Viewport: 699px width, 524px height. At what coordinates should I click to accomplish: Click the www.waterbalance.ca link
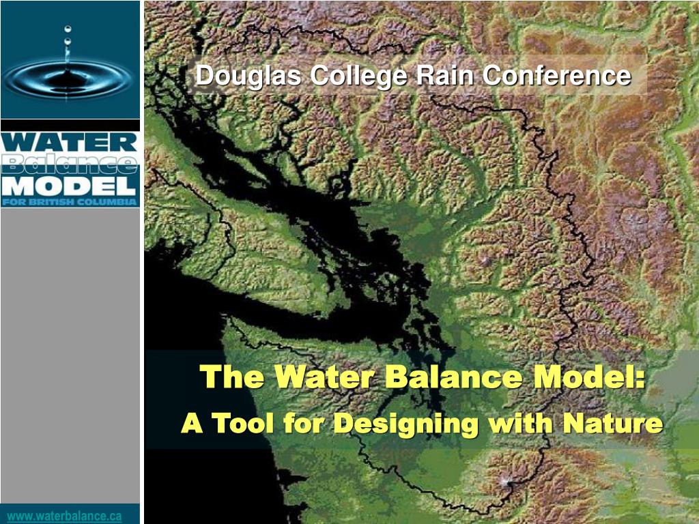[x=65, y=516]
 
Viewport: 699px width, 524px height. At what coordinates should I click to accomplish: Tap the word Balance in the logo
[x=70, y=164]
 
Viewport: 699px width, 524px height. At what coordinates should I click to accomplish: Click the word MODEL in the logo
[x=70, y=186]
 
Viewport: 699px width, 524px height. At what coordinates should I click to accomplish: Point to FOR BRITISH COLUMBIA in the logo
[x=70, y=202]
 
